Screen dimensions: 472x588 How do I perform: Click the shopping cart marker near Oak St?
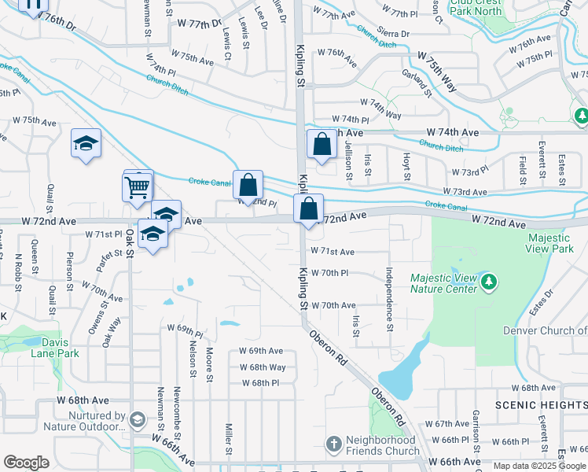coord(137,187)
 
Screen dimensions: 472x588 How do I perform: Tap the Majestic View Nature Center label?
coord(443,283)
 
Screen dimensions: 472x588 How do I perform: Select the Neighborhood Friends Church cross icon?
coord(333,444)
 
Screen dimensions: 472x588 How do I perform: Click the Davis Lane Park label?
coord(55,348)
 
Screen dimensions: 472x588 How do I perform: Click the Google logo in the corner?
coord(26,462)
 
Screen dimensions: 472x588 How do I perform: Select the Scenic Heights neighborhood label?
coord(541,404)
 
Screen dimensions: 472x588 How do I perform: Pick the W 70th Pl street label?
coord(329,273)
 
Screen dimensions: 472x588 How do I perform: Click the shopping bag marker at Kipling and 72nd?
coord(309,210)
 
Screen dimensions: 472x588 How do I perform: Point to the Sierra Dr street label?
coord(394,34)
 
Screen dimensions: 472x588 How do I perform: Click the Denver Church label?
coord(545,330)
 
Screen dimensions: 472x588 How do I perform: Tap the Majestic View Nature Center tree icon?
coord(489,281)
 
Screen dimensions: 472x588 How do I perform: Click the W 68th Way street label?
coord(263,367)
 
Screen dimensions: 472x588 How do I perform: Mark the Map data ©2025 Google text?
coord(538,466)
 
